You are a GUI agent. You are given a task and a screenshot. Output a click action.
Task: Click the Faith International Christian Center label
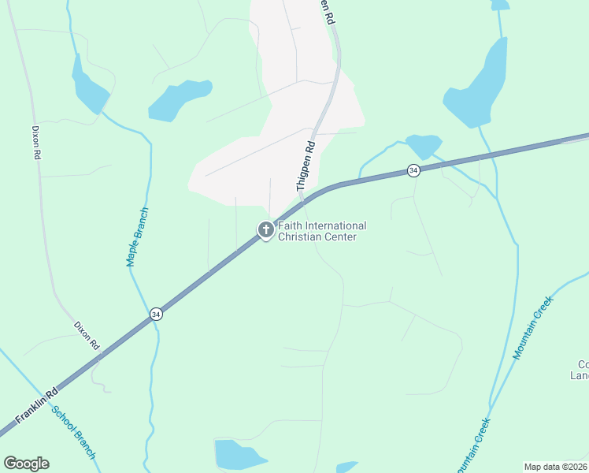tap(321, 231)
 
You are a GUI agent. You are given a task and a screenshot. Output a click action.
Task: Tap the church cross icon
tap(265, 229)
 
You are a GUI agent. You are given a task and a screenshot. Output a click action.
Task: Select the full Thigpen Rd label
tap(305, 167)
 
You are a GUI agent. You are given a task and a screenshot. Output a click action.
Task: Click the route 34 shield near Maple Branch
tap(156, 314)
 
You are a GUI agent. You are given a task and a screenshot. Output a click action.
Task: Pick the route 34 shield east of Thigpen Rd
tap(413, 170)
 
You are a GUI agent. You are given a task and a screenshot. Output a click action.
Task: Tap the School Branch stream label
tap(74, 432)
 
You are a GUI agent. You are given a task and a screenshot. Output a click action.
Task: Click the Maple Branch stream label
tap(137, 236)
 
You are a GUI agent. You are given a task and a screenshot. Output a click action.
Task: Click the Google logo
tap(26, 464)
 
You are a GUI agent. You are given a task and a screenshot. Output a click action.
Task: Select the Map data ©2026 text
tap(555, 467)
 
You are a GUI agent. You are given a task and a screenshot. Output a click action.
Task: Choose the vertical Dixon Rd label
tap(36, 143)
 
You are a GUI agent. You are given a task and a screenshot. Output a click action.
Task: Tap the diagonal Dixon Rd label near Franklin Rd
tap(87, 335)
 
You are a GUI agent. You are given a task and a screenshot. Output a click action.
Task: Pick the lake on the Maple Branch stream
tap(88, 88)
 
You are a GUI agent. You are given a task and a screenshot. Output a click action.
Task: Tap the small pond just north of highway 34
tap(424, 146)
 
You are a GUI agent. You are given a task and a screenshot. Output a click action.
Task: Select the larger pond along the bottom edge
tap(240, 455)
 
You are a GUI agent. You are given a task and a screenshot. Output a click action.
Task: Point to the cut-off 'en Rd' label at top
tap(328, 11)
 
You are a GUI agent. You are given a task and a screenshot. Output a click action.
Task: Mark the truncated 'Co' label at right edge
tap(583, 370)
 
